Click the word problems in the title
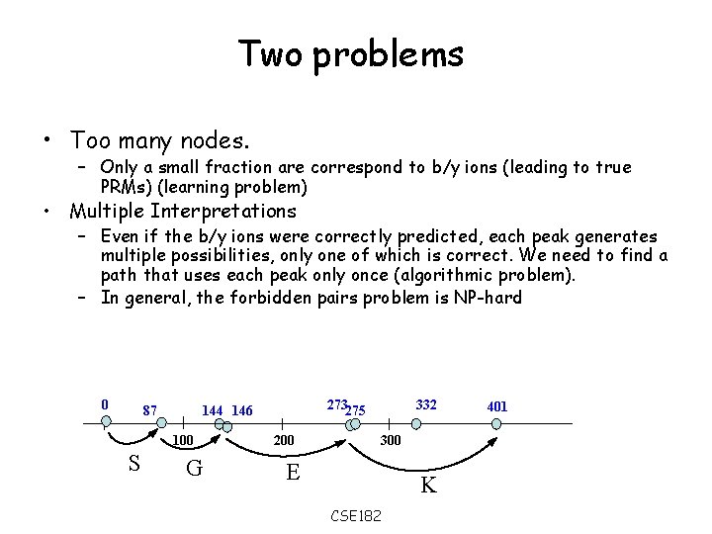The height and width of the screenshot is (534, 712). coord(388,55)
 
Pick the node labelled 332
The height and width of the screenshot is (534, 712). coord(416,423)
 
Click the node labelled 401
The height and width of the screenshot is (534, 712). coord(496,423)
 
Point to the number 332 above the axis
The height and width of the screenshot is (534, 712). coord(426,404)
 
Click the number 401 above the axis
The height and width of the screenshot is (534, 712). coord(497,406)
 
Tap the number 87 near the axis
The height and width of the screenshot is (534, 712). coord(150,410)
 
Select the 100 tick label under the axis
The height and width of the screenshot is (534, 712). coord(183,440)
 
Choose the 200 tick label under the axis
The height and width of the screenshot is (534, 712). coord(284,440)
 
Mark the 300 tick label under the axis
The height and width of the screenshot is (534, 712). coord(391,440)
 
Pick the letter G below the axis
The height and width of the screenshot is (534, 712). coord(195,468)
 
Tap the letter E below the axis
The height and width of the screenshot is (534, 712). coord(293,472)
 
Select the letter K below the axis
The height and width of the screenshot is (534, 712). coord(428,486)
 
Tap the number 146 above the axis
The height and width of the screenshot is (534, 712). coord(242,410)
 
